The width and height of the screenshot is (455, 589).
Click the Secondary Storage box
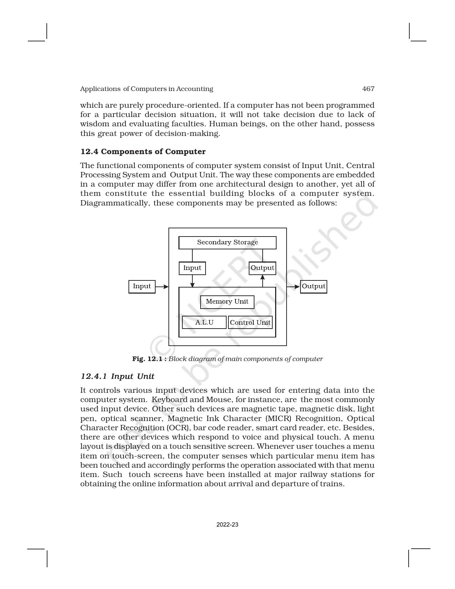tap(227, 243)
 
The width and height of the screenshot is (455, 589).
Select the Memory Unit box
tap(227, 302)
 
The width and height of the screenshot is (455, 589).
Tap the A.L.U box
tap(204, 323)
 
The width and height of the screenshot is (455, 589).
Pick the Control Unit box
tap(250, 323)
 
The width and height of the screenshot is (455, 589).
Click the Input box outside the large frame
tap(142, 286)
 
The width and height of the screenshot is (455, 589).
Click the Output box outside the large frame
tap(313, 286)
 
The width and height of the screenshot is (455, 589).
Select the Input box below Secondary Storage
tap(192, 268)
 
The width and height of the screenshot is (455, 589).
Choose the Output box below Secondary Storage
tap(262, 268)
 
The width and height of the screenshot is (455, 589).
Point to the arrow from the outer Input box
tap(162, 286)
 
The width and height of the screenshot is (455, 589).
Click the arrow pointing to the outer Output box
tap(293, 286)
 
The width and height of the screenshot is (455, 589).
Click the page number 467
tap(368, 89)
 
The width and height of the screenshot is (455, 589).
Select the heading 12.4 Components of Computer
tap(143, 152)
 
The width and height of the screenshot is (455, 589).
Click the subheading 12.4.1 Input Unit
tap(117, 376)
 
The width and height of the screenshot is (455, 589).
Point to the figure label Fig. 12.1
tap(149, 359)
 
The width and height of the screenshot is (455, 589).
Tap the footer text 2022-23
tap(227, 525)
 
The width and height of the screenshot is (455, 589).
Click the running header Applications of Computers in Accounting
tap(146, 89)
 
